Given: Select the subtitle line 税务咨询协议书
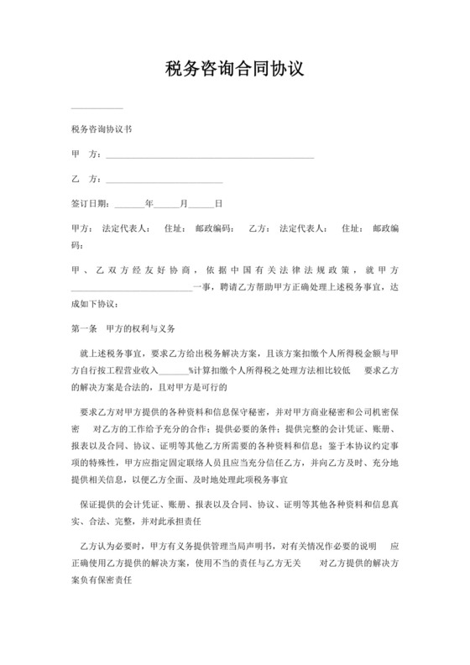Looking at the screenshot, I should (x=101, y=131).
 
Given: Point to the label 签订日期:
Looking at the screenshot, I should (x=91, y=203).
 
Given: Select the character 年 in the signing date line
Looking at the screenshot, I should (x=149, y=203).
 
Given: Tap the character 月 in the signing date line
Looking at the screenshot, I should (x=183, y=203).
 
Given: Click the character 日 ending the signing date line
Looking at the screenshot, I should (x=218, y=203).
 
